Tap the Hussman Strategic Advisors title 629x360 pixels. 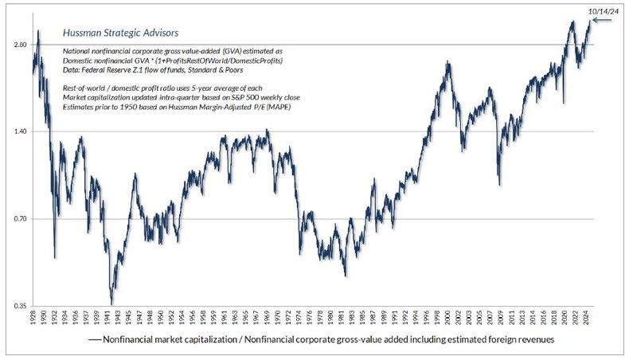(x=109, y=34)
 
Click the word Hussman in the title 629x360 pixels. (x=80, y=34)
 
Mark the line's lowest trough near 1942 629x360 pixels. (x=111, y=303)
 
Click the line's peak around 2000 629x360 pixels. (x=448, y=62)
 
